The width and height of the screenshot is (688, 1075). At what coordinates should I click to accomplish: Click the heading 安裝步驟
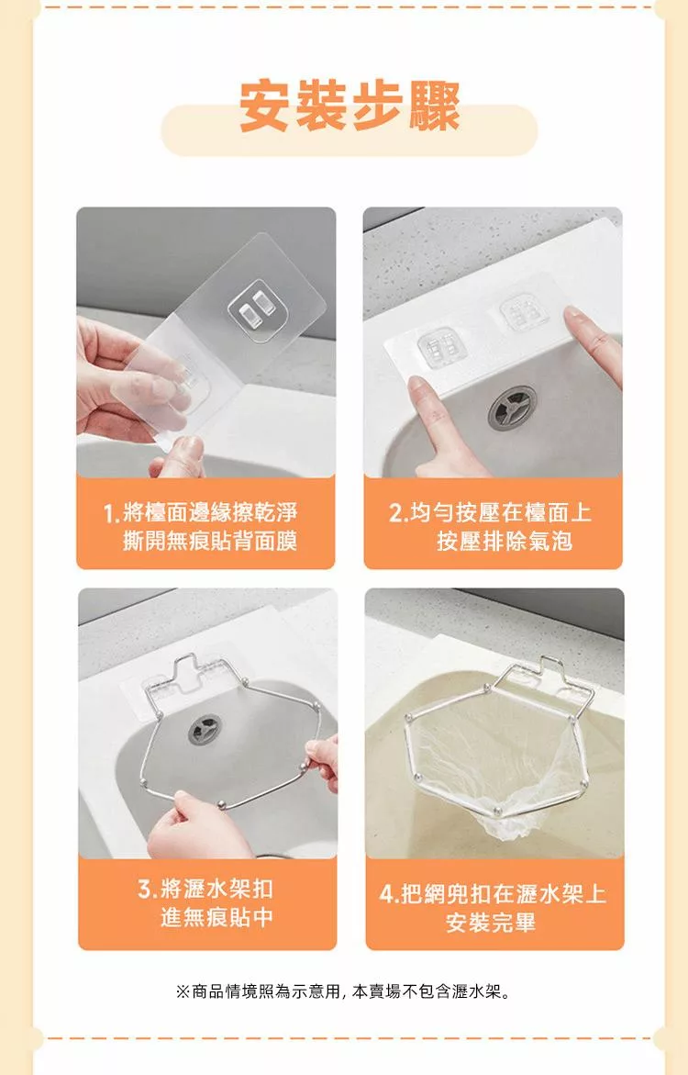pyautogui.click(x=350, y=106)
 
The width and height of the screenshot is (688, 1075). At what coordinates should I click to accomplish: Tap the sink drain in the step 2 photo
pyautogui.click(x=512, y=408)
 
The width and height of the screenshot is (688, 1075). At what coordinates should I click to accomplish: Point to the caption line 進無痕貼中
pyautogui.click(x=216, y=916)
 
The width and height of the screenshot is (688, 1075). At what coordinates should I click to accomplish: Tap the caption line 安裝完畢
pyautogui.click(x=491, y=922)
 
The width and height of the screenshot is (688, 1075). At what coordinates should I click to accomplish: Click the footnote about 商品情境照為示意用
pyautogui.click(x=343, y=991)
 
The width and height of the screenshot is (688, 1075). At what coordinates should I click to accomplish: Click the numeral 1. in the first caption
pyautogui.click(x=112, y=513)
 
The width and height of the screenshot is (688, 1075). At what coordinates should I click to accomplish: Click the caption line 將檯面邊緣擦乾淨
pyautogui.click(x=210, y=513)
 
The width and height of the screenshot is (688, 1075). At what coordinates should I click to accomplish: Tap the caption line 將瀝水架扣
pyautogui.click(x=216, y=890)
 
